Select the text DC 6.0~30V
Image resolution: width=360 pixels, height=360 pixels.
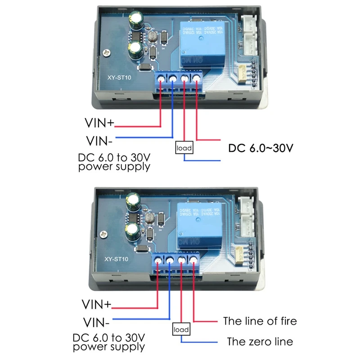[x=261, y=148]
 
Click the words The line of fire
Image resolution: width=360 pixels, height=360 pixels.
[x=260, y=321]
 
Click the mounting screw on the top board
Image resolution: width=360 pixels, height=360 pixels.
[x=106, y=53]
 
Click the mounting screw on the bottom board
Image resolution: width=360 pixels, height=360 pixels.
[x=103, y=235]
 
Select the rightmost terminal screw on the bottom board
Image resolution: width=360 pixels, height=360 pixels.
[x=194, y=259]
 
